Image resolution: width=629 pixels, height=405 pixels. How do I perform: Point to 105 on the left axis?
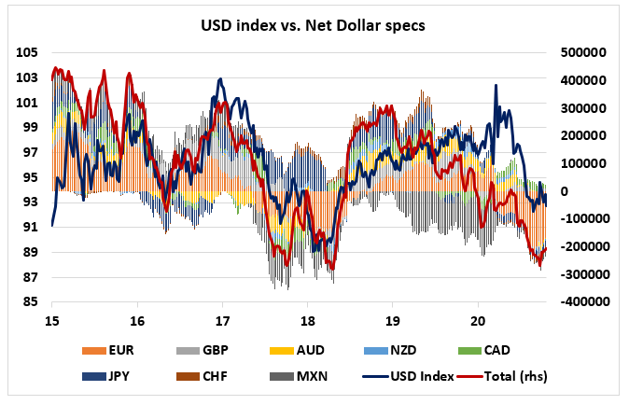coord(27,53)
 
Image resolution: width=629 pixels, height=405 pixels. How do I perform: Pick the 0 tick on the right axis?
coord(563,191)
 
